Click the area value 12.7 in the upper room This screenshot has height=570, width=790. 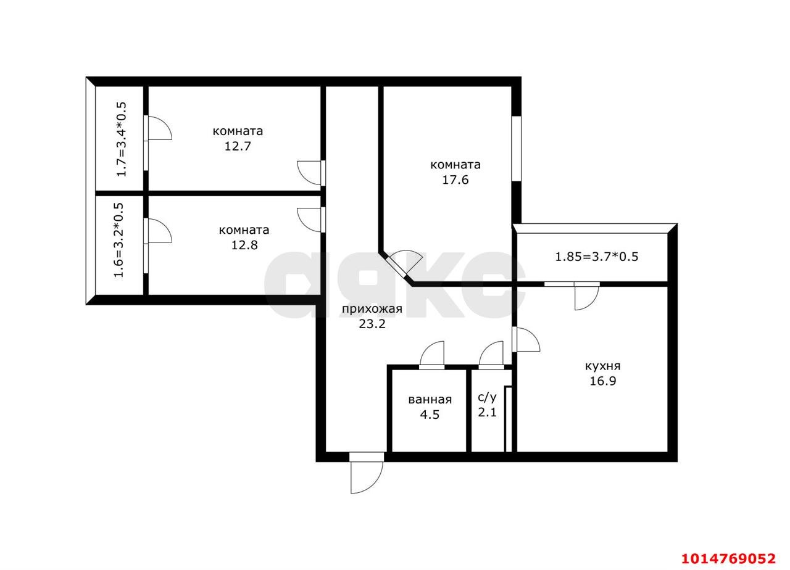[x=238, y=147]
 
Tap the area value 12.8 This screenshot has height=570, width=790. [x=244, y=245]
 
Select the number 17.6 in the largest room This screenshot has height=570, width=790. [x=455, y=180]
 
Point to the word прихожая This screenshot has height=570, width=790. [x=372, y=309]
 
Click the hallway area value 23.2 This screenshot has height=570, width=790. [x=372, y=324]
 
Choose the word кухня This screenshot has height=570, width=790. [x=602, y=366]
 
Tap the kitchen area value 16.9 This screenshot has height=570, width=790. [x=602, y=381]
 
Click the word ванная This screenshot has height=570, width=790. [x=430, y=400]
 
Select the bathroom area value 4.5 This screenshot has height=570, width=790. [x=430, y=415]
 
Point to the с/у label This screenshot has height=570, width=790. [x=487, y=397]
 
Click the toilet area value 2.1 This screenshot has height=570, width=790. [x=487, y=412]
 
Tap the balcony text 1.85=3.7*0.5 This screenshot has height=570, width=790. [x=596, y=257]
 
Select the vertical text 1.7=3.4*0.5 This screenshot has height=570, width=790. [x=121, y=139]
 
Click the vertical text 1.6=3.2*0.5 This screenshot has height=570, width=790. [x=118, y=241]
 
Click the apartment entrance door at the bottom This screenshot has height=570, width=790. [x=366, y=475]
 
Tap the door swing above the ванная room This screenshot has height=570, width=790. [x=432, y=355]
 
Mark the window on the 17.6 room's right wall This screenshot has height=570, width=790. [x=516, y=148]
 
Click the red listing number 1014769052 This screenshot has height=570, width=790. [x=728, y=559]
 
